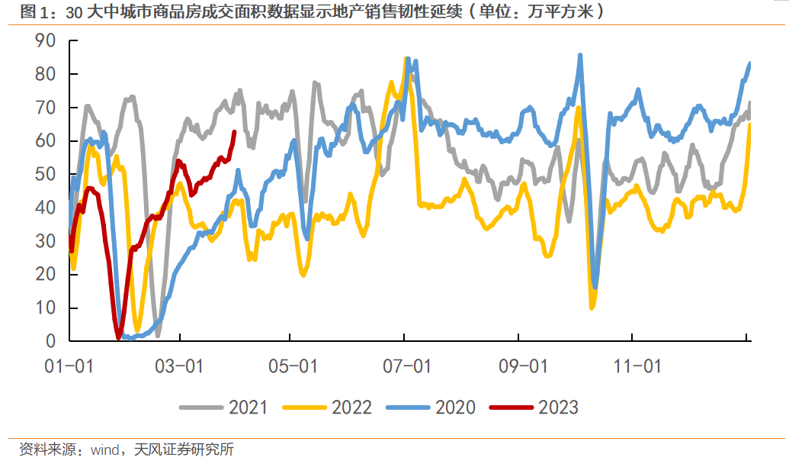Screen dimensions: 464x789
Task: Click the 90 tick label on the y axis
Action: [x=48, y=41]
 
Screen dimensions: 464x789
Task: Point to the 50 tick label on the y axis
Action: [x=48, y=174]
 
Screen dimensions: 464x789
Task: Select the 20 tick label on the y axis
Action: [x=48, y=274]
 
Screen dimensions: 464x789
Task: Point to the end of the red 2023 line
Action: [x=234, y=132]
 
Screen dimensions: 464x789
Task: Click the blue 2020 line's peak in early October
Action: [x=581, y=56]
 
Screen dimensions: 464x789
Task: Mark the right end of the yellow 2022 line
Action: [x=750, y=124]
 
